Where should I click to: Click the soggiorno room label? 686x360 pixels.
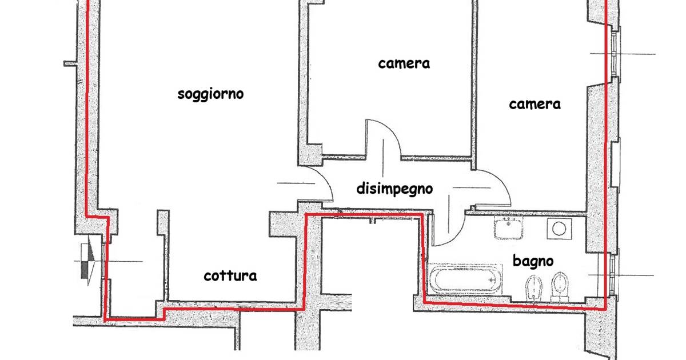pyautogui.click(x=210, y=94)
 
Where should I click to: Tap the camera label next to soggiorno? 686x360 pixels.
pyautogui.click(x=404, y=63)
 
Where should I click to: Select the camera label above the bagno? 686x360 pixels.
pyautogui.click(x=535, y=104)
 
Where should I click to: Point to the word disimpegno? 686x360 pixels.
pyautogui.click(x=394, y=189)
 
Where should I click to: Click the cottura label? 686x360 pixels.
pyautogui.click(x=230, y=276)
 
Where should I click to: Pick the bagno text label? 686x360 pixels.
pyautogui.click(x=533, y=262)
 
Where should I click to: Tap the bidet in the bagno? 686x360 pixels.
pyautogui.click(x=534, y=287)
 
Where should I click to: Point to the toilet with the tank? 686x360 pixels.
pyautogui.click(x=559, y=287)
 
